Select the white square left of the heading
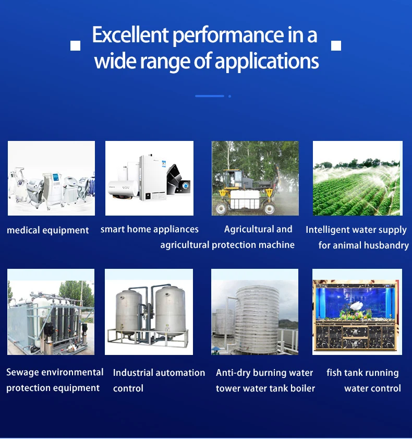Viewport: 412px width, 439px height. pos(76,46)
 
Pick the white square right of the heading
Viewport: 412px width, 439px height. pos(336,46)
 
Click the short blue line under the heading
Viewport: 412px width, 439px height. pos(210,96)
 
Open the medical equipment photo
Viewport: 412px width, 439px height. pos(51,178)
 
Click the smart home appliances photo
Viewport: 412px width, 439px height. pos(149,178)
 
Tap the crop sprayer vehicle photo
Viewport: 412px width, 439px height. pos(255,178)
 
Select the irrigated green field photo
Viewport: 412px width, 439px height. pos(358,178)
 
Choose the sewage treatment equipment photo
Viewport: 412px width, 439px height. pos(51,312)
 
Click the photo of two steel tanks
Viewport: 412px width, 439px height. pos(149,312)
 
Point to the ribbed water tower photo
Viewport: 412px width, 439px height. pos(255,312)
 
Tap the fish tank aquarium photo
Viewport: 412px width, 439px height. pos(357,312)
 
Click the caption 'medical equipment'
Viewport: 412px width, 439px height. pos(48,230)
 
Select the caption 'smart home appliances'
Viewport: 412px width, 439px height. pos(150,229)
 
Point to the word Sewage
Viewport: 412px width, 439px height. pos(22,373)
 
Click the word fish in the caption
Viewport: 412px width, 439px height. pos(335,373)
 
